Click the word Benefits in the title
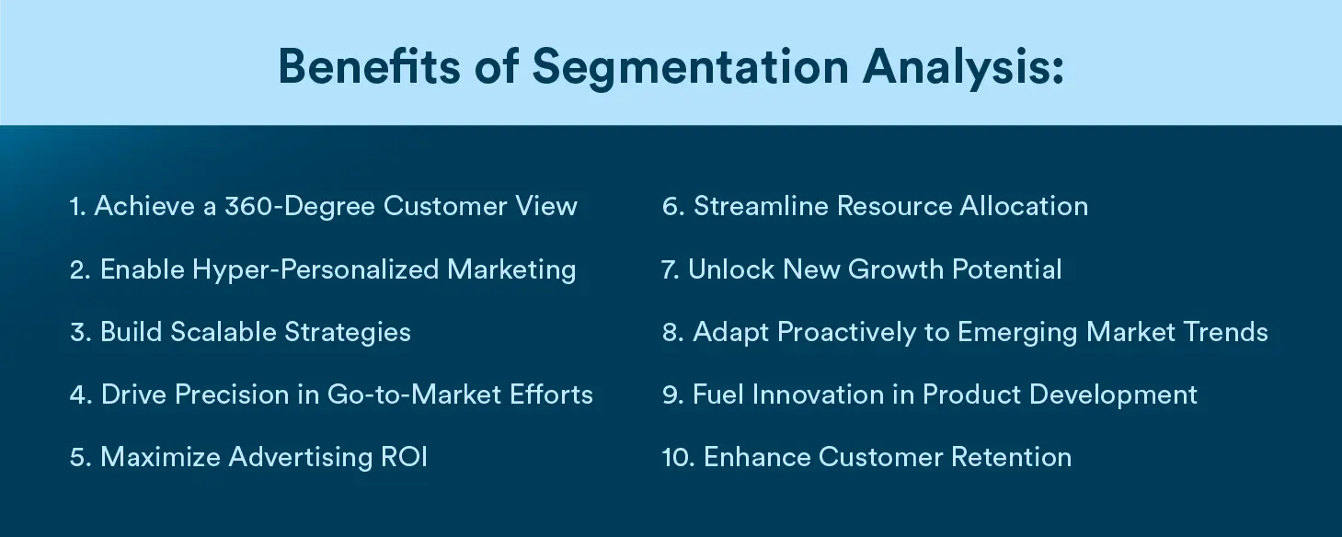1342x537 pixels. (369, 66)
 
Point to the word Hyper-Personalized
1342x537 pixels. (315, 270)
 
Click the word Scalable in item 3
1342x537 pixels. (224, 332)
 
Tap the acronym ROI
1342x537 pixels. (405, 457)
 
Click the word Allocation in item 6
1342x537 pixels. (1024, 206)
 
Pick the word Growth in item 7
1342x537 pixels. (896, 269)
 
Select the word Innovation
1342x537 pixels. (818, 394)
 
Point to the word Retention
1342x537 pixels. (1011, 457)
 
